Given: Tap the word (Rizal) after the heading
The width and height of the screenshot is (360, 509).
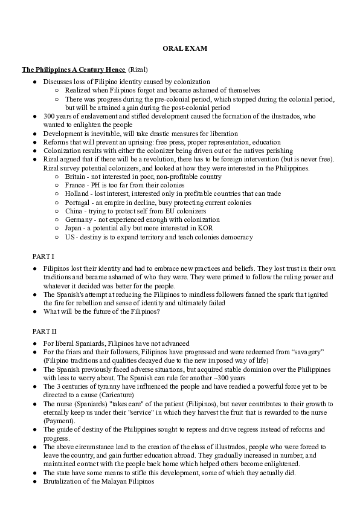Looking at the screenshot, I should click(138, 70).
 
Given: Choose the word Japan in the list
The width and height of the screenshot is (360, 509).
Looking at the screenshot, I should click(74, 229).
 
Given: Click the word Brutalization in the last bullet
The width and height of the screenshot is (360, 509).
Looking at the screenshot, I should click(63, 481).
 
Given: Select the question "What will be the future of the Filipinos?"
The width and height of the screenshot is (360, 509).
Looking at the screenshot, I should click(101, 311).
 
